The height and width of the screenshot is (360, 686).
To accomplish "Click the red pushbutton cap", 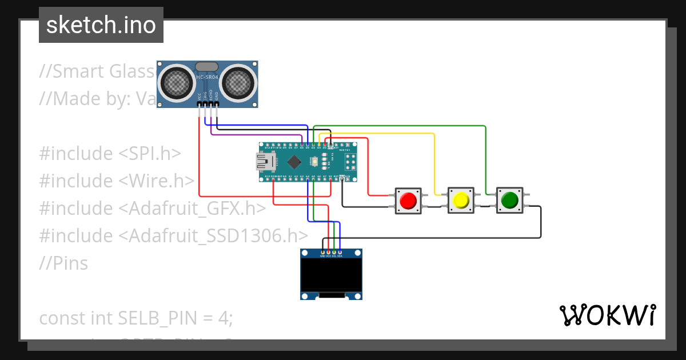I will tap(408, 201).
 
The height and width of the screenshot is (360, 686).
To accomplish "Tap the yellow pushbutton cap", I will tap(460, 201).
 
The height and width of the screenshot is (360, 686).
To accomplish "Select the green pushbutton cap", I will tap(509, 201).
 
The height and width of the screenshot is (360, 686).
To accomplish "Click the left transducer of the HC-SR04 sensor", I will tap(176, 83).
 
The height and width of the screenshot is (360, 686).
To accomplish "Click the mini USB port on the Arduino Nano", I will tap(265, 163).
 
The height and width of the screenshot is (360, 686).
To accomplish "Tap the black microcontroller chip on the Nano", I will tap(294, 162).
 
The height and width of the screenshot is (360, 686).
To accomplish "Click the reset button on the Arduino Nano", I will tap(315, 162).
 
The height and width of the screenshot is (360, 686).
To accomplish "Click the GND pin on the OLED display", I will tap(323, 252).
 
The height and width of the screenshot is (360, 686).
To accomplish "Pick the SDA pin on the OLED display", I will tap(340, 252).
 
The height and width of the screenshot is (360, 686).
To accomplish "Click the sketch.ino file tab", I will tap(101, 25).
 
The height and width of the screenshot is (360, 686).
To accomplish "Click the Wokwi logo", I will tap(607, 315).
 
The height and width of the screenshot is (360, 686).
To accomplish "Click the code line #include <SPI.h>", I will tap(110, 153).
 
